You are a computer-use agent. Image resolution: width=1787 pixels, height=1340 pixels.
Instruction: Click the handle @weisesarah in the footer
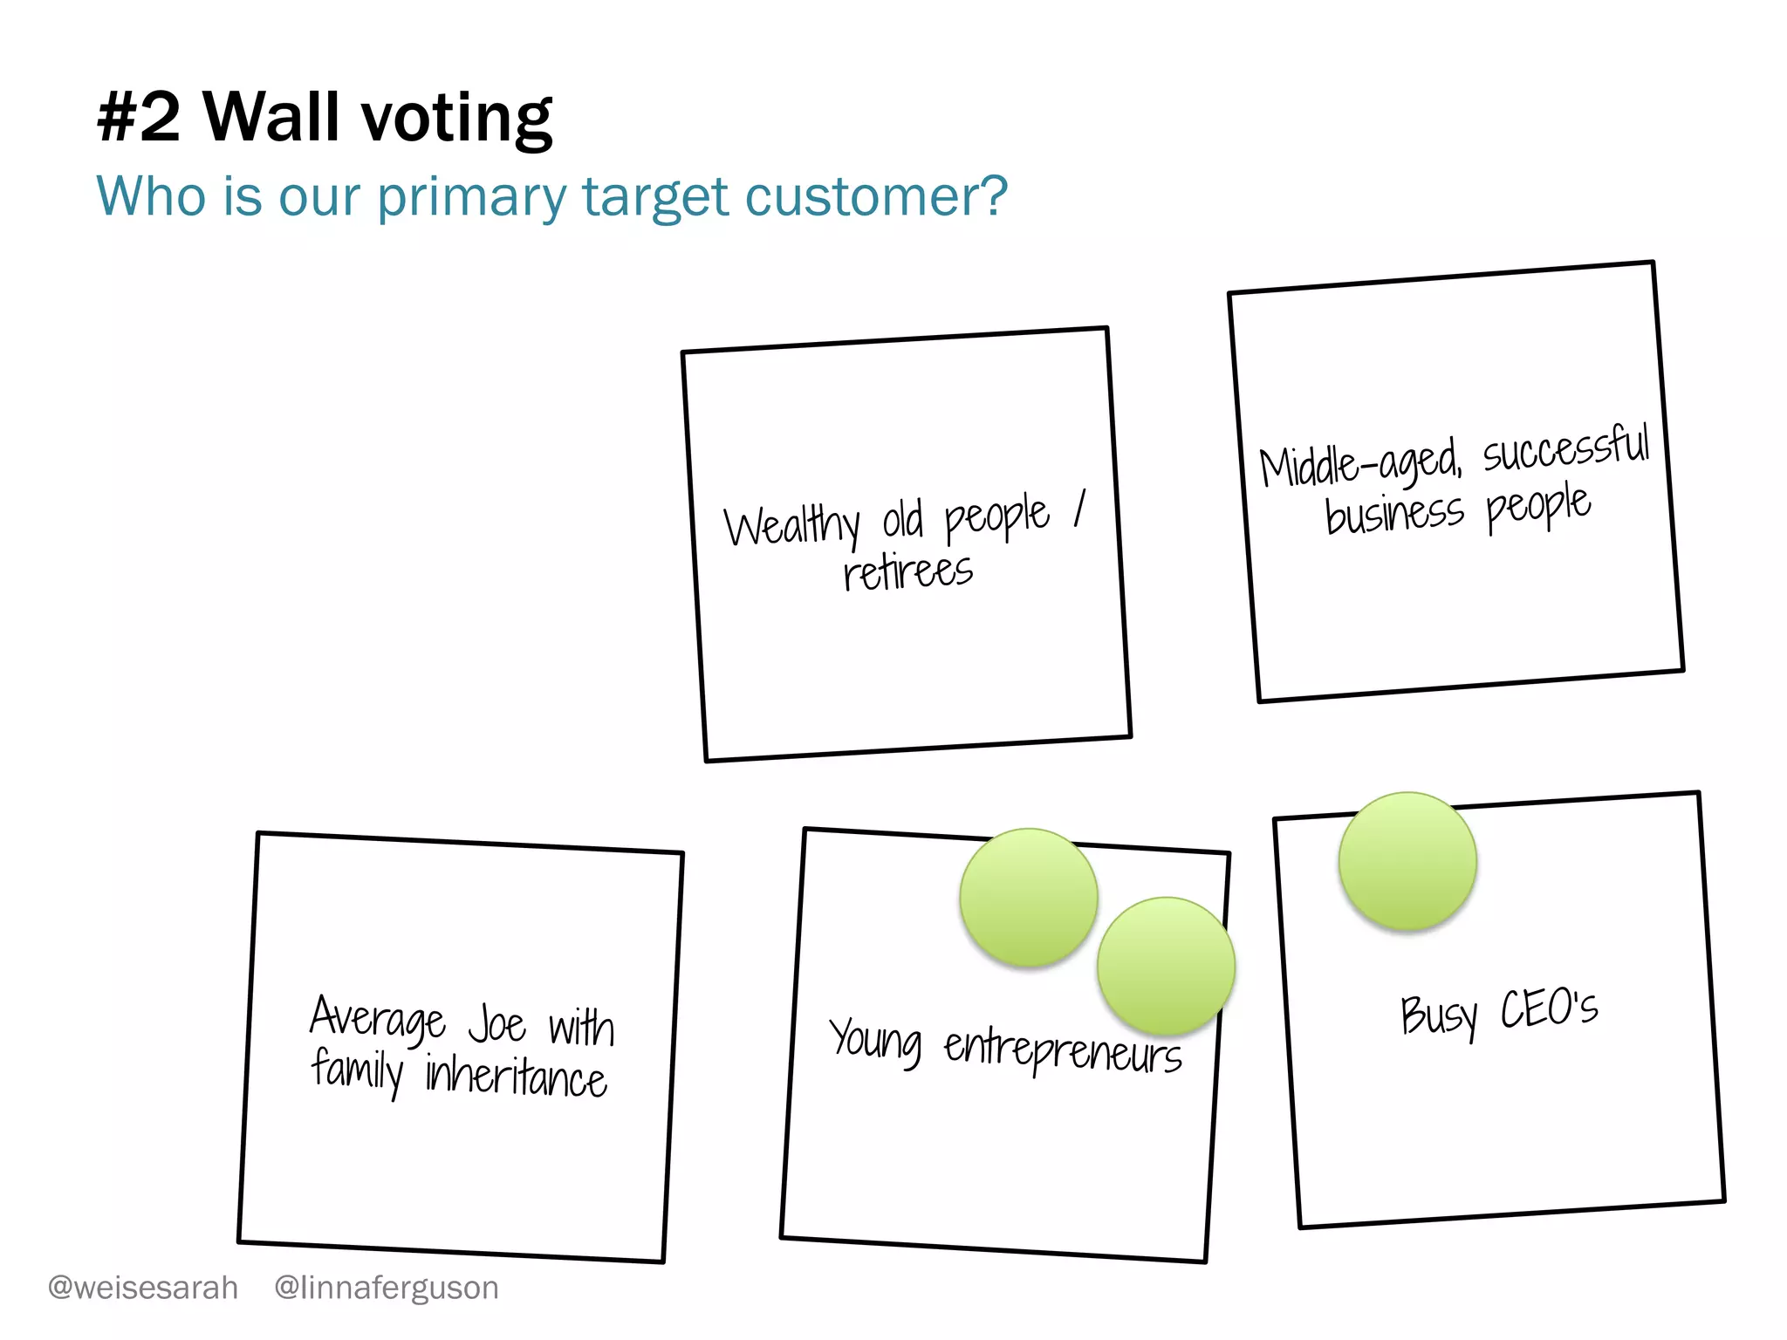coord(143,1288)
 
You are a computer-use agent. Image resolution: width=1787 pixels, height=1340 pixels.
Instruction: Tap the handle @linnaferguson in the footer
coord(387,1288)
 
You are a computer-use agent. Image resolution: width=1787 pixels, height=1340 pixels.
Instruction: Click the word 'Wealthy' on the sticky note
coord(791,526)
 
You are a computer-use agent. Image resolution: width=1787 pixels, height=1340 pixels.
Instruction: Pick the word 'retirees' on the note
coord(907,571)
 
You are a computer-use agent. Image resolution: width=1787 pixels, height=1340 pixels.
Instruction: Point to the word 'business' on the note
coord(1393,513)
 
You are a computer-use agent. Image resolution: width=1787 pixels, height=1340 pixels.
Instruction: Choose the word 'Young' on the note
coord(875,1041)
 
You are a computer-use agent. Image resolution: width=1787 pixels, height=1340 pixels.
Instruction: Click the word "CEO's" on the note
coord(1549,1008)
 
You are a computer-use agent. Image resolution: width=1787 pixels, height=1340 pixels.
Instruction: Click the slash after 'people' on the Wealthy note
coord(1080,508)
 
